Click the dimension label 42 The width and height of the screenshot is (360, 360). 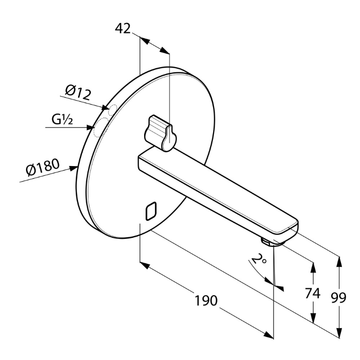(123, 28)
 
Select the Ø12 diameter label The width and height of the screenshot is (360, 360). (78, 91)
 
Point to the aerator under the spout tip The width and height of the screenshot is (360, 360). (268, 241)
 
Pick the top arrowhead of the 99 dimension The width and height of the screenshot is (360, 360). (339, 258)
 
